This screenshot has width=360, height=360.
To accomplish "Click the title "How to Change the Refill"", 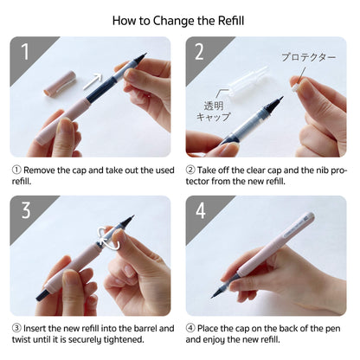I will pos(179,18).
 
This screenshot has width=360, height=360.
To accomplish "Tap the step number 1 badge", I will pos(24,52).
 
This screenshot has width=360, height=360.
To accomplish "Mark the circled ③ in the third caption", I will pos(16,328).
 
